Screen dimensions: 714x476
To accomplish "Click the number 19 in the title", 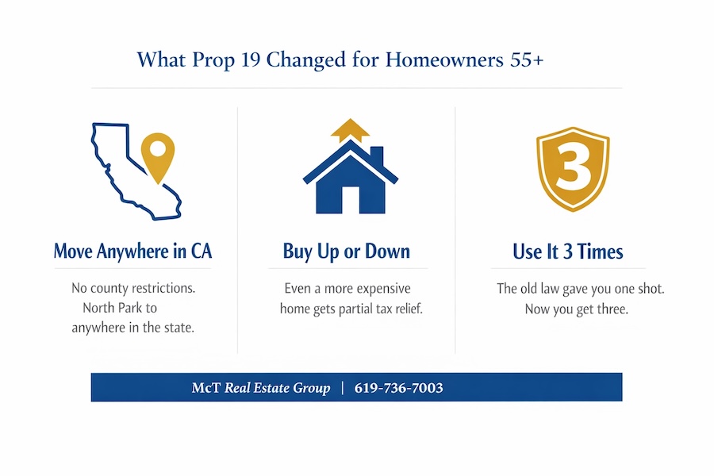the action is coord(250,59).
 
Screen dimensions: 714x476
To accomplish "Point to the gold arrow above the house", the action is coord(350,130).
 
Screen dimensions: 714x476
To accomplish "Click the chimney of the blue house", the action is coord(377,155).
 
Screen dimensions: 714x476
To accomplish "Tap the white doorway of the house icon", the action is coord(351,200).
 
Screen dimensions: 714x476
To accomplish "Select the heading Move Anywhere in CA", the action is coord(133,251).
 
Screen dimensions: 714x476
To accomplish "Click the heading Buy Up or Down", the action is coord(347,251).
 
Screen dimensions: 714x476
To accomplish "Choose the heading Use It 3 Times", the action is coord(568,251).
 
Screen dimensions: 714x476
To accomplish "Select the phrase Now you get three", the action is coord(577,309).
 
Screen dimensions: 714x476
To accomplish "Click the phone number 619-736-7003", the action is coord(398,388).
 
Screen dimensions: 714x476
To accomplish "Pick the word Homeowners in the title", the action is coord(444,59).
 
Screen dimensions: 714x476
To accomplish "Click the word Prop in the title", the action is coord(213,60).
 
